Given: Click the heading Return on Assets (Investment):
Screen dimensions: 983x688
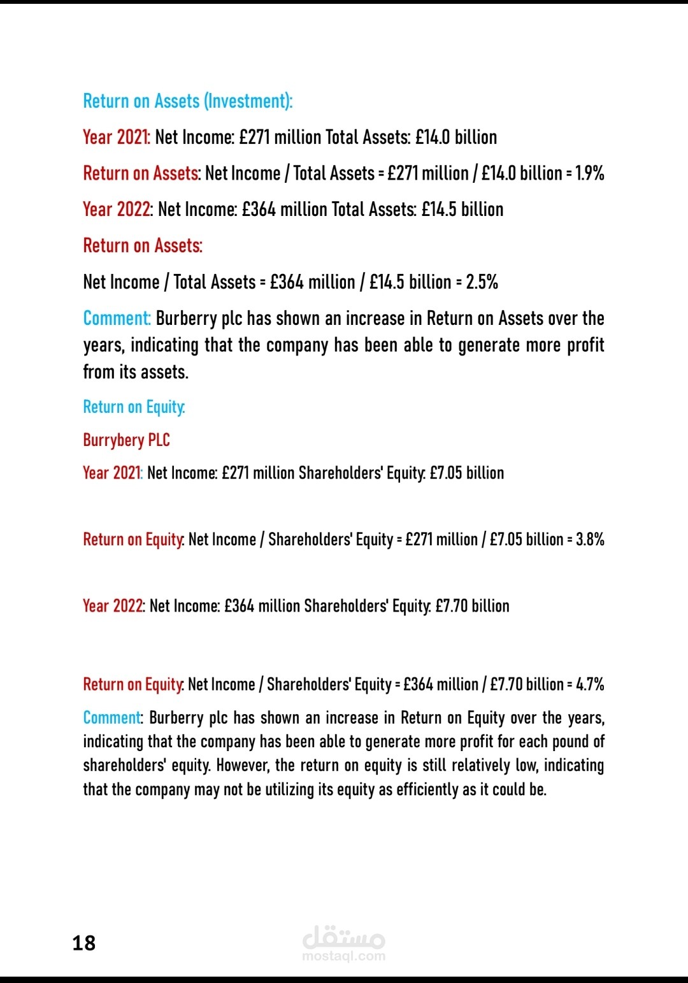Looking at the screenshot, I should coord(188,101).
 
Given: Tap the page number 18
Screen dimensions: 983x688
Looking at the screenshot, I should coord(84,943).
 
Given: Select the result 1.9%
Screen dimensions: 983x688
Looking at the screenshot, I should coord(589,173).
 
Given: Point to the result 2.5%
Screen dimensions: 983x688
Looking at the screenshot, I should coord(482,282).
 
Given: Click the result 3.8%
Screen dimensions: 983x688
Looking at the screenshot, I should coord(590,540).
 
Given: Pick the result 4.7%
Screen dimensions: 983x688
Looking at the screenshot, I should coord(590,684).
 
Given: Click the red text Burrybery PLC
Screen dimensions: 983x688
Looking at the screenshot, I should coord(126,440).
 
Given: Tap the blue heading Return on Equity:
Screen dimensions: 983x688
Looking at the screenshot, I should coord(134,407).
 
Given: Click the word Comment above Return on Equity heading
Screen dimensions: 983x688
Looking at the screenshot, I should coord(117,319).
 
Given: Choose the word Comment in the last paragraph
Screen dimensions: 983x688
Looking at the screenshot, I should coord(111,718).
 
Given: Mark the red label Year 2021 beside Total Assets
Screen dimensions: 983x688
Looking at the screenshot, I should coord(116,138).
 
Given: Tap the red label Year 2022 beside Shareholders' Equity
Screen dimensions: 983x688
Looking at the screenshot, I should coord(113,606).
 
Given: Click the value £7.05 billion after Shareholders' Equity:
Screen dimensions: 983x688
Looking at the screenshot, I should coord(467,473).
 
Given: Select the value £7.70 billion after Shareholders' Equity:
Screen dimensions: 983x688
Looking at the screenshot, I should coord(473,606).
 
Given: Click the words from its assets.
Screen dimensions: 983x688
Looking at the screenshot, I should coord(136,372).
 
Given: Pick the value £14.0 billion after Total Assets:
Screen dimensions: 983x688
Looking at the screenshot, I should coord(456,138).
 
